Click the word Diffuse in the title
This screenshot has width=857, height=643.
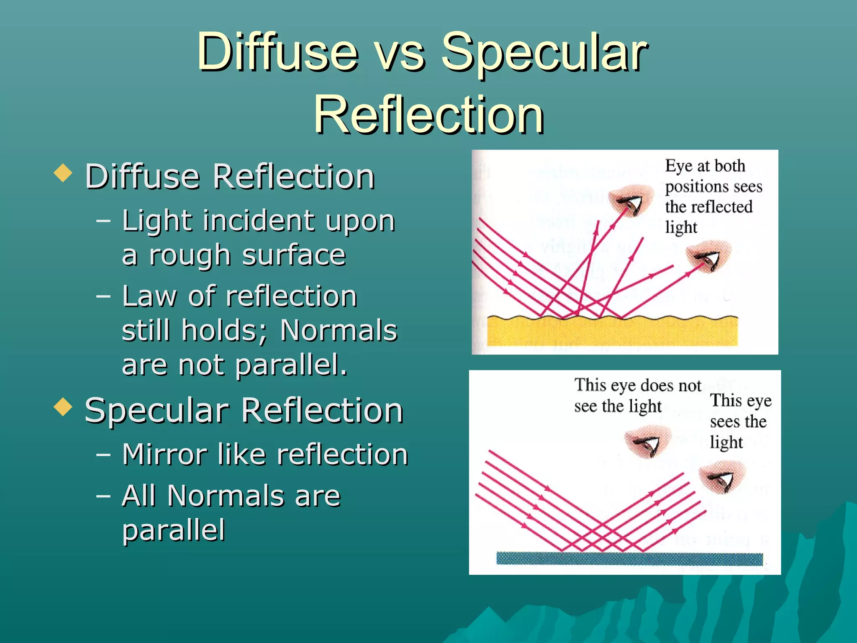pyautogui.click(x=277, y=53)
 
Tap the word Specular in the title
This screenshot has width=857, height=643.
pyautogui.click(x=544, y=53)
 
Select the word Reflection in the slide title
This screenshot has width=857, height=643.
pyautogui.click(x=428, y=115)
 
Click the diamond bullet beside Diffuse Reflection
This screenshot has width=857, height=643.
pyautogui.click(x=63, y=173)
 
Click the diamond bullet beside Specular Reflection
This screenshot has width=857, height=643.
pyautogui.click(x=63, y=407)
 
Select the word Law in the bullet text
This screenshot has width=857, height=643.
pyautogui.click(x=149, y=296)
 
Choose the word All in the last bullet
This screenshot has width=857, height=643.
pyautogui.click(x=139, y=496)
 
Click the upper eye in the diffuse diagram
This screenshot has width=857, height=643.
pyautogui.click(x=630, y=200)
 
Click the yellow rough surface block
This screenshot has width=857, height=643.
pyautogui.click(x=612, y=332)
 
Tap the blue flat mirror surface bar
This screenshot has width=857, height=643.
pyautogui.click(x=629, y=559)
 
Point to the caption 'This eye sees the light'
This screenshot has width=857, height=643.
pyautogui.click(x=740, y=421)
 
